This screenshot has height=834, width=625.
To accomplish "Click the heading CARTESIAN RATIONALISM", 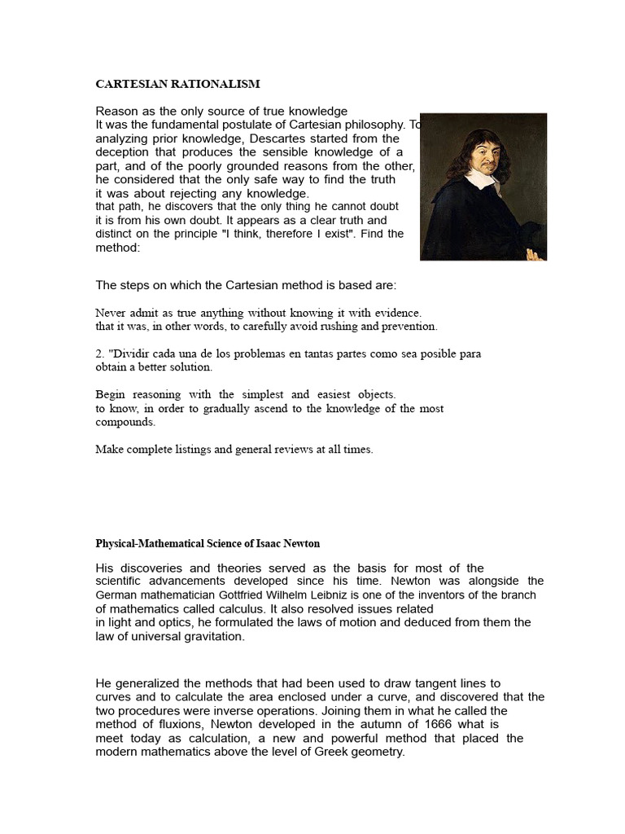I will (177, 84).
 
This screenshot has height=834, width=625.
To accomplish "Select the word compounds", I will (125, 422).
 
